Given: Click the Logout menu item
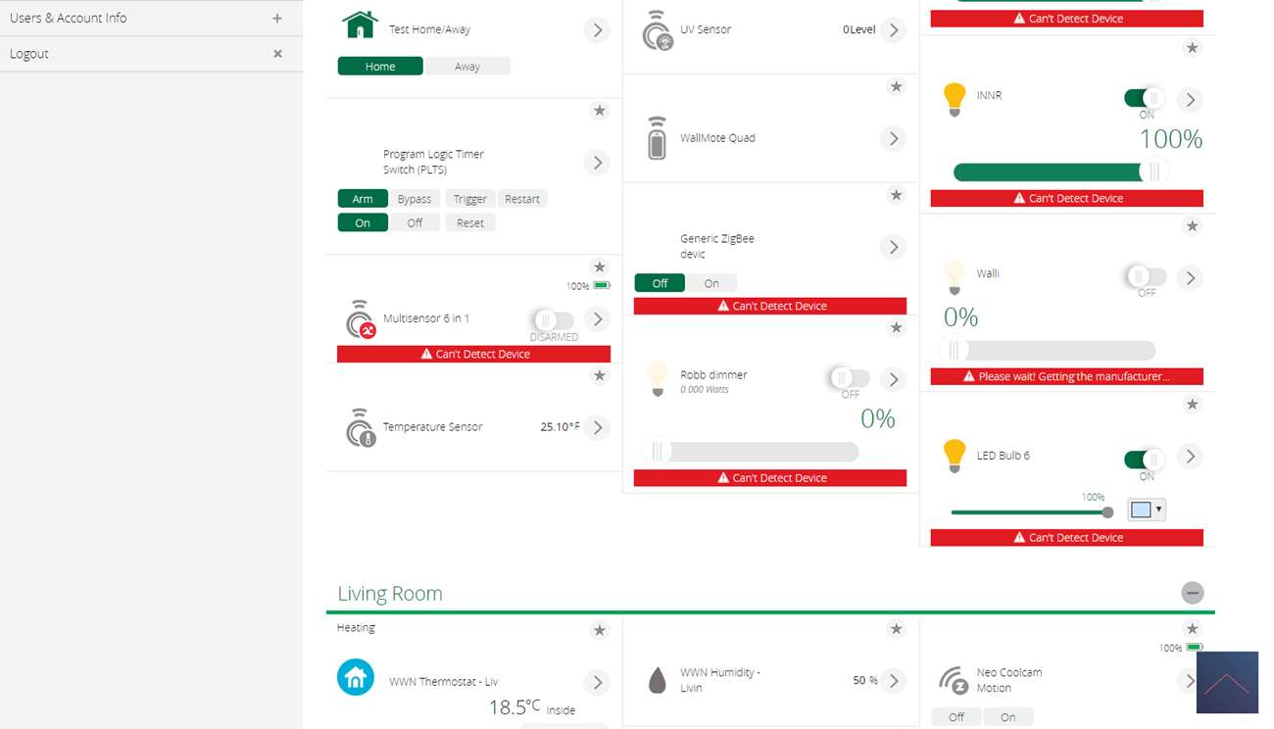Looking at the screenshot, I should point(29,54).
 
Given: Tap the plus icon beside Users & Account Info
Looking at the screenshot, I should point(277,19).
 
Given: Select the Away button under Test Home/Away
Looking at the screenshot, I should point(467,67).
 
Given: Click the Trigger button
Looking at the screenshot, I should point(469,199).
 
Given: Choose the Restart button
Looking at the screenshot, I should point(522,199).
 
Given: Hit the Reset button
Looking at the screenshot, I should point(470,223).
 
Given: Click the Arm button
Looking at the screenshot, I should point(363,199).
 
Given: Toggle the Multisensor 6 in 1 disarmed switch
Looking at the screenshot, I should point(553,319).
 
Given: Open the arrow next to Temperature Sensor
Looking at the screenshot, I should point(598,427).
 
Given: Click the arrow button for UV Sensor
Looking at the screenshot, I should point(893,30).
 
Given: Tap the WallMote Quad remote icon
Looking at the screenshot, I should point(657,138).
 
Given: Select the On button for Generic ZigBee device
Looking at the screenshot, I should point(711,283).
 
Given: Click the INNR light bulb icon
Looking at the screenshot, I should point(954,98).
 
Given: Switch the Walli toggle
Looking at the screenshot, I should point(1146,277).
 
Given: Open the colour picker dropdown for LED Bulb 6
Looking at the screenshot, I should point(1146,510).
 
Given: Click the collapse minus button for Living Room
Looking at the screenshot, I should point(1192,593).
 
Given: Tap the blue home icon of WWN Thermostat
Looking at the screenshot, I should point(356,677).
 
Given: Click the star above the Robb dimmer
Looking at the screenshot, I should point(896,328).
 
